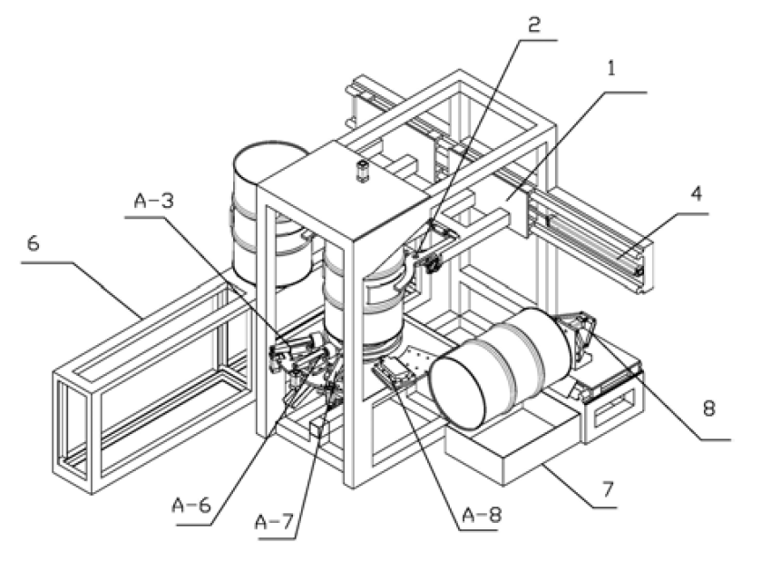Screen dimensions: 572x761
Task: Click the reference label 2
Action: (535, 25)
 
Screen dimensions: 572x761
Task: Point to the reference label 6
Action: (33, 244)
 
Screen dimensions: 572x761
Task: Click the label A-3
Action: (149, 202)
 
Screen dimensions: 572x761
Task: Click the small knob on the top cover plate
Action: (364, 171)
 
